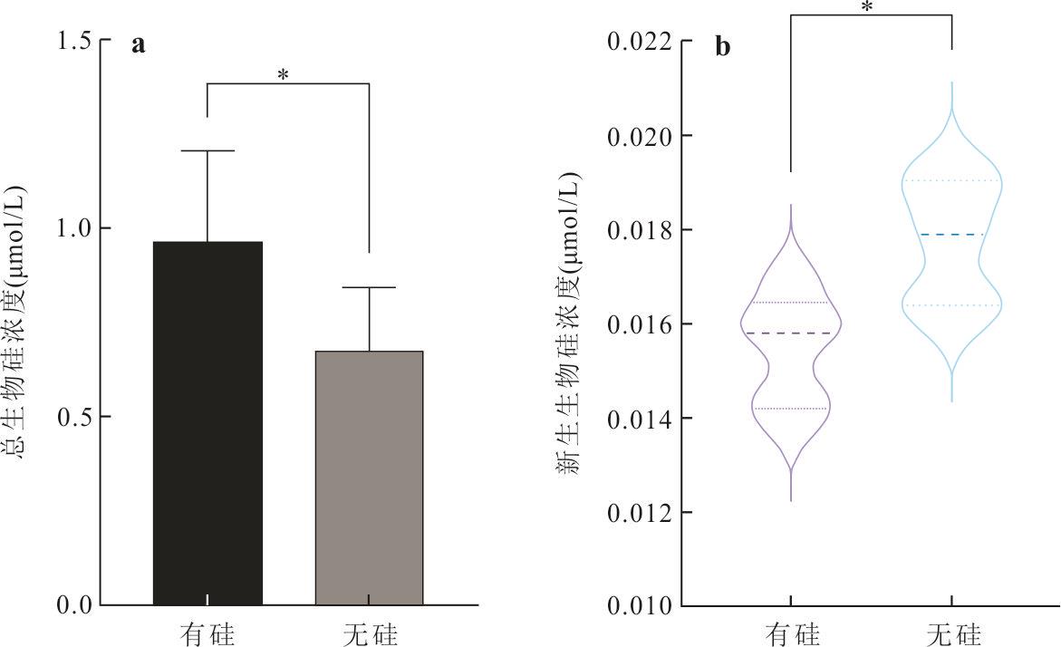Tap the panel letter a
pyautogui.click(x=138, y=45)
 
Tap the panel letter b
pyautogui.click(x=722, y=46)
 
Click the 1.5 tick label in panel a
pyautogui.click(x=73, y=42)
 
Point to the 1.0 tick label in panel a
pyautogui.click(x=73, y=228)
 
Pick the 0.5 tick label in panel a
pyautogui.click(x=73, y=417)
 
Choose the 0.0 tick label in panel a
pyautogui.click(x=73, y=604)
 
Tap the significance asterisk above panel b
pyautogui.click(x=867, y=8)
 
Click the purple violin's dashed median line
pyautogui.click(x=791, y=333)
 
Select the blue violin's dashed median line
pyautogui.click(x=951, y=235)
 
